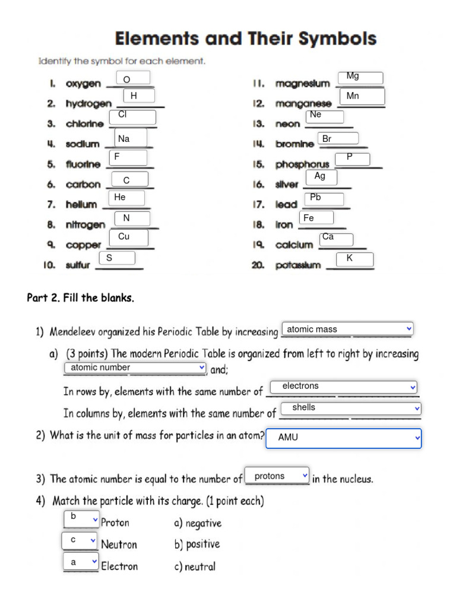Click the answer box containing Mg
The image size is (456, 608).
tap(360, 78)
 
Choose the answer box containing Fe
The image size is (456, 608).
tap(316, 218)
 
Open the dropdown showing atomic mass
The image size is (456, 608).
tap(347, 329)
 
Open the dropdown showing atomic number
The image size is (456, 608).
tap(135, 368)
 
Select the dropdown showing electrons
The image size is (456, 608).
tap(344, 387)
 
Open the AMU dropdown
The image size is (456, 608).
tap(344, 438)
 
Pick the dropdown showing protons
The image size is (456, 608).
tap(277, 476)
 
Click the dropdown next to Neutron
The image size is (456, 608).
tap(80, 540)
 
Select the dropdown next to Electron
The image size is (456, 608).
tap(81, 562)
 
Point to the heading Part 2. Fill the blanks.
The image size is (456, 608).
tap(81, 298)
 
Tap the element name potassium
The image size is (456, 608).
tap(298, 265)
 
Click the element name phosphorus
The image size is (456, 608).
tap(302, 164)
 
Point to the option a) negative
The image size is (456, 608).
tap(198, 523)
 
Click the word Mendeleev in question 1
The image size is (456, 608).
tap(78, 332)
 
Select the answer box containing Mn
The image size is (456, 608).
tap(362, 96)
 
